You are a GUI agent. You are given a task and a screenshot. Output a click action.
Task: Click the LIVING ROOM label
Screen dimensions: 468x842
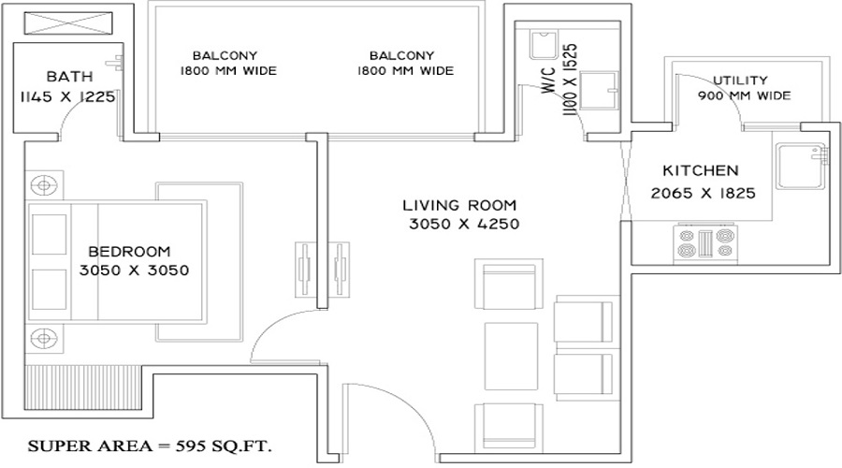[x=459, y=205]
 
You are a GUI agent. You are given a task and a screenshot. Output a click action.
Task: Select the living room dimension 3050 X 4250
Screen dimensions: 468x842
[x=463, y=225]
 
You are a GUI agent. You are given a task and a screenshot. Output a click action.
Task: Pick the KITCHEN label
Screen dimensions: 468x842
[x=701, y=171]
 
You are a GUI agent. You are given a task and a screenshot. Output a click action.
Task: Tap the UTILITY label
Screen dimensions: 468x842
[x=740, y=80]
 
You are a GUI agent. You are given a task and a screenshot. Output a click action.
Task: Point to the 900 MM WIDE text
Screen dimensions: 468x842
[x=744, y=95]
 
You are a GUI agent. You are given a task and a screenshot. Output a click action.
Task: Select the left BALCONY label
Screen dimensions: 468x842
[x=225, y=55]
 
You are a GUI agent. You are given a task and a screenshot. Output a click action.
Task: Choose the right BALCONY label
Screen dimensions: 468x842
[x=400, y=55]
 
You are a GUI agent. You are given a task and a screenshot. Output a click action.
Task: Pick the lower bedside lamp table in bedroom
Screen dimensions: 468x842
[x=43, y=337]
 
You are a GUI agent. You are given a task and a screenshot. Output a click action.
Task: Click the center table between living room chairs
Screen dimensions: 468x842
[x=512, y=356]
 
